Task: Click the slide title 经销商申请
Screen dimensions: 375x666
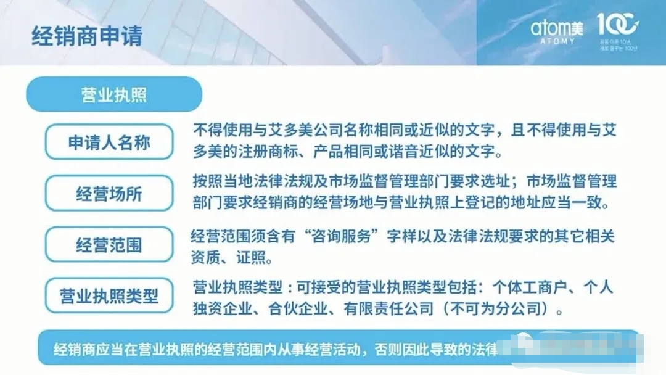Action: [x=87, y=35]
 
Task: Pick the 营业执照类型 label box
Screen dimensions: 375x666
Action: [x=109, y=296]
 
